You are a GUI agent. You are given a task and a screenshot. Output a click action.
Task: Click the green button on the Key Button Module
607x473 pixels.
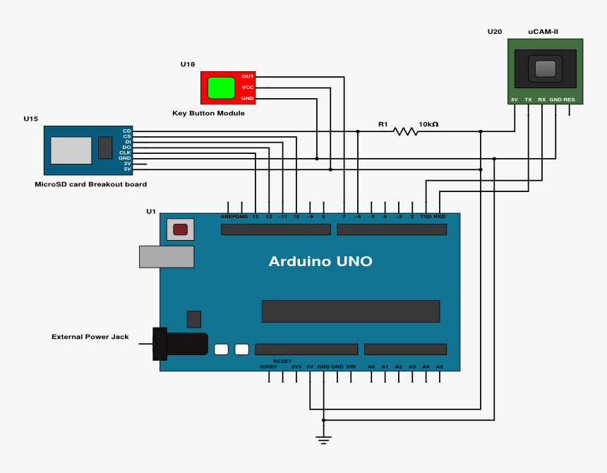click(221, 88)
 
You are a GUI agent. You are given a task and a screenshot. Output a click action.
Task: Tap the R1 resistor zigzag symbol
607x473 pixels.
click(406, 131)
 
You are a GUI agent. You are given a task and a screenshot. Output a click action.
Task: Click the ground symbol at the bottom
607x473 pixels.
click(324, 440)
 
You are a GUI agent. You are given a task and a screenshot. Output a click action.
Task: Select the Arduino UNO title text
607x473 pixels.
click(320, 262)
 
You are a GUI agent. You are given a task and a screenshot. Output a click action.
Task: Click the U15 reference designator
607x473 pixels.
click(30, 119)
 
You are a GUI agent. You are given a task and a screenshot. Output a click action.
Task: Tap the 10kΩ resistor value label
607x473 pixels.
click(428, 124)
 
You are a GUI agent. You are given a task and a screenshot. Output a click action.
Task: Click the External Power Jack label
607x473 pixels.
click(90, 337)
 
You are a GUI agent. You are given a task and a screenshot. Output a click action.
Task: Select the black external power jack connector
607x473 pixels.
click(179, 344)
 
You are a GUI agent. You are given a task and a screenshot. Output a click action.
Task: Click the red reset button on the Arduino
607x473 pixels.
click(181, 229)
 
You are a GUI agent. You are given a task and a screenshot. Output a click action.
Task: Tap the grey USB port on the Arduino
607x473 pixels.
click(167, 256)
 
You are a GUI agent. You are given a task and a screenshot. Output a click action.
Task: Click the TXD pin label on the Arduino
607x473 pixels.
click(426, 217)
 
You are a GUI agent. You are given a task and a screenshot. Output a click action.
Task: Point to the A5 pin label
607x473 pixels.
click(440, 367)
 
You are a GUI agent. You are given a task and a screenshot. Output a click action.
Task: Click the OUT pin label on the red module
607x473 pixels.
click(248, 76)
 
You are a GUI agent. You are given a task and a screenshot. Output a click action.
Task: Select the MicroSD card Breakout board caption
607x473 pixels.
click(91, 184)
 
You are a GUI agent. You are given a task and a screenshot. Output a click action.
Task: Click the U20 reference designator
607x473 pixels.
click(495, 32)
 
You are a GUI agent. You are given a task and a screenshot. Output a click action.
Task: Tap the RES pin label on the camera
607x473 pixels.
click(569, 100)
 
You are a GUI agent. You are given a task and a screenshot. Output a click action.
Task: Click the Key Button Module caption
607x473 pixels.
click(208, 113)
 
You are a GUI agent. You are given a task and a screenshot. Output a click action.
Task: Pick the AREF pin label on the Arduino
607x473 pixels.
click(227, 217)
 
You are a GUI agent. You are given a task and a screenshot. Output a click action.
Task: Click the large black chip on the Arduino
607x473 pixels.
click(351, 311)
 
